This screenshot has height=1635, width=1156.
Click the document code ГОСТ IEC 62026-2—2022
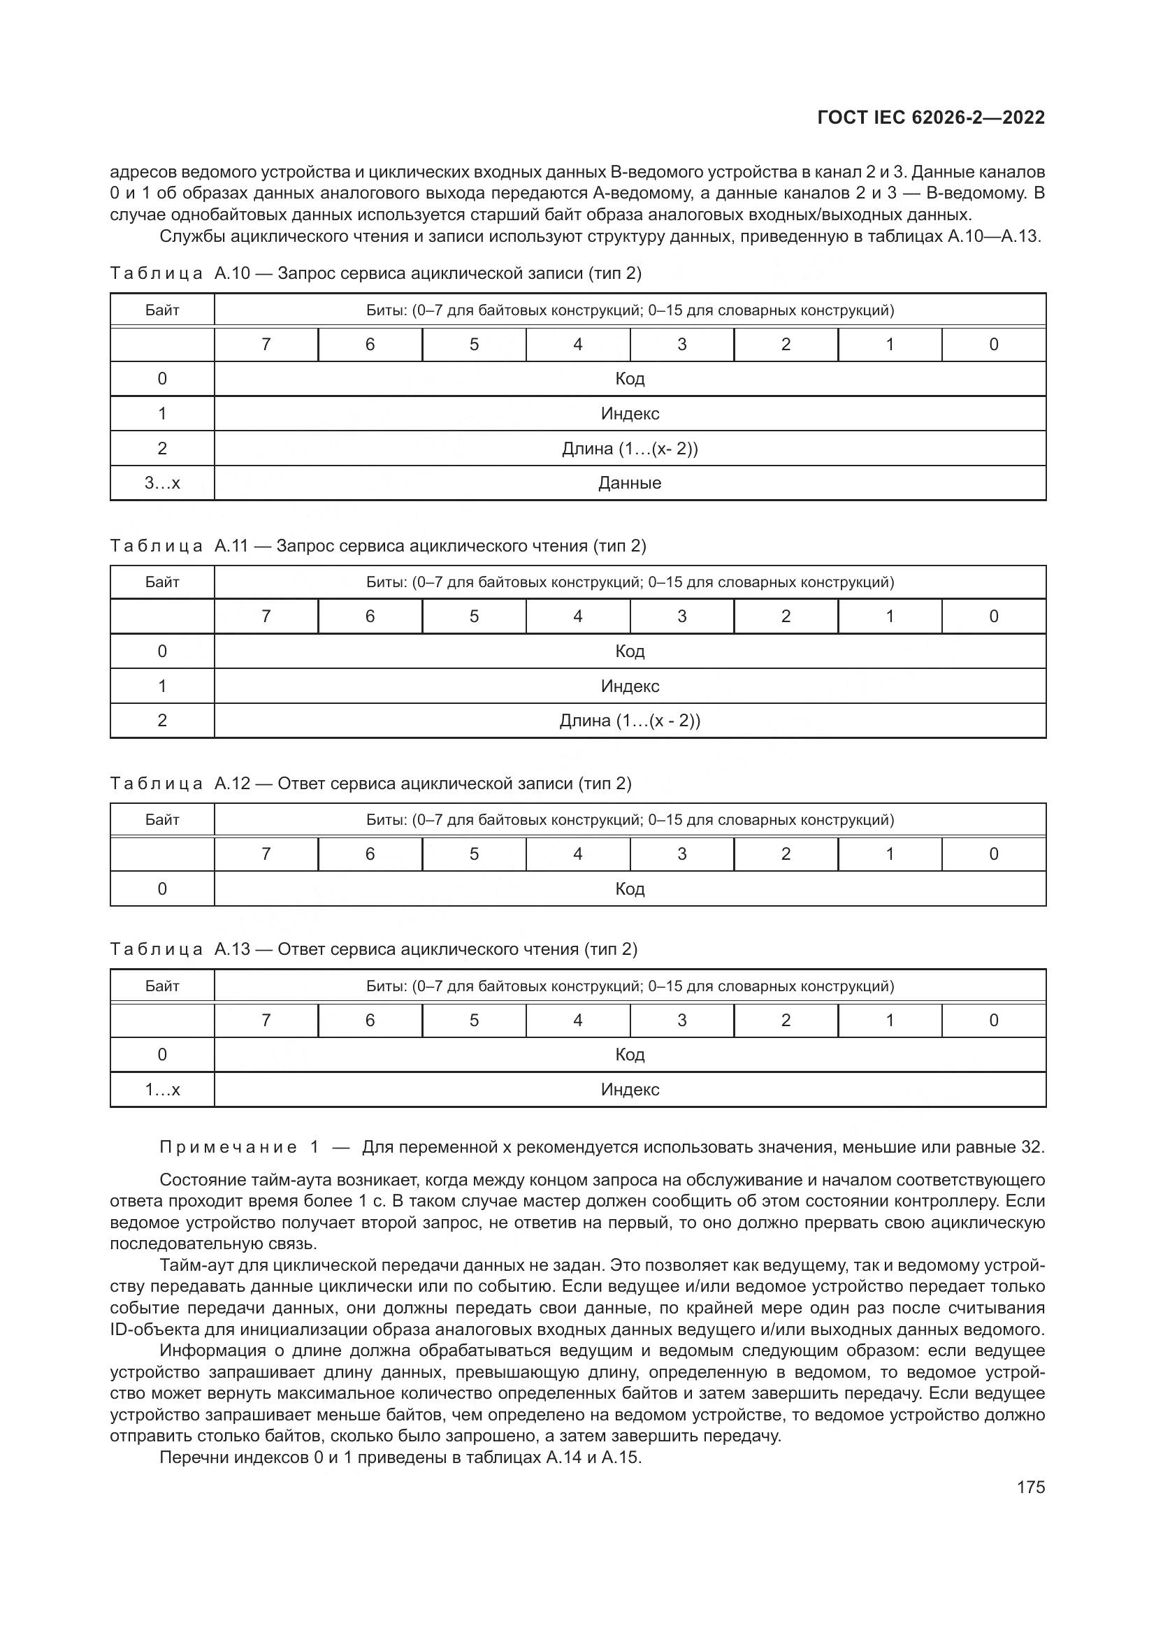click(931, 117)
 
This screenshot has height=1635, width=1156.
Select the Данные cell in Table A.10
click(629, 483)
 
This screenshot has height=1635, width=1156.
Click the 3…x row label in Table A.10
click(162, 483)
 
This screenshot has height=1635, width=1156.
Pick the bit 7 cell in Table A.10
click(266, 345)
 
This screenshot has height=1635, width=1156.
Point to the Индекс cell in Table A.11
click(629, 686)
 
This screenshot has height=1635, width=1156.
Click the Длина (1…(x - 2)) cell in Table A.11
click(629, 721)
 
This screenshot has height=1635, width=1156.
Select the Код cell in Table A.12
click(629, 888)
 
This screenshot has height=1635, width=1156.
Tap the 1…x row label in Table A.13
click(162, 1090)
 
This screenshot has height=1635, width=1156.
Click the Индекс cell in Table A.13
click(629, 1090)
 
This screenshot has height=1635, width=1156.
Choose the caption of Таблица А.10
click(376, 273)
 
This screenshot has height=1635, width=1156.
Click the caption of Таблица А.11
click(378, 545)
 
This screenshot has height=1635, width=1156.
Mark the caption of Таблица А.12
click(371, 784)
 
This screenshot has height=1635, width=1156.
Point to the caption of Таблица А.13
click(374, 949)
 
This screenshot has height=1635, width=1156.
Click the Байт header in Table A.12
click(162, 820)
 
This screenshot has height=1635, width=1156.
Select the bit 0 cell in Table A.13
click(994, 1021)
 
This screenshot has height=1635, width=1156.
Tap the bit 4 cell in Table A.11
click(578, 617)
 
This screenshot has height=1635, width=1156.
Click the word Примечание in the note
click(228, 1147)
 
